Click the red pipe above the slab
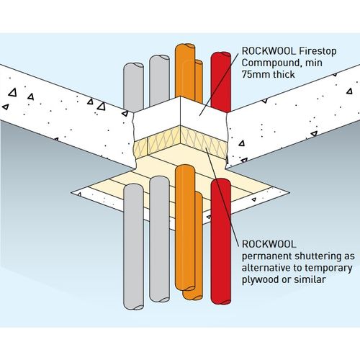pos(220,79)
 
